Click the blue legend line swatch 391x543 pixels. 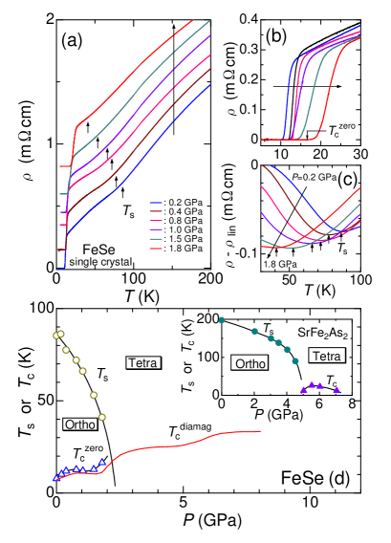[x=155, y=204]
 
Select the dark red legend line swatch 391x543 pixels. [x=155, y=212]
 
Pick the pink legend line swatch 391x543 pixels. [x=155, y=221]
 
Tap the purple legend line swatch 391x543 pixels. [x=155, y=230]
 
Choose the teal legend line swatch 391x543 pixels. [x=155, y=239]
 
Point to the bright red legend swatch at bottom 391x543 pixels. [x=155, y=249]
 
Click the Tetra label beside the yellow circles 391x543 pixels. [x=142, y=362]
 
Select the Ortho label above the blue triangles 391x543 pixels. [x=79, y=424]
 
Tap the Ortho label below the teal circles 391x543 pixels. [x=250, y=363]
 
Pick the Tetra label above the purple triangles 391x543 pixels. [x=326, y=356]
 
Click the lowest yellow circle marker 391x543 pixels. [x=101, y=417]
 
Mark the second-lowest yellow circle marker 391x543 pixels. [x=94, y=395]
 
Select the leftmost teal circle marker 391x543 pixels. [x=222, y=319]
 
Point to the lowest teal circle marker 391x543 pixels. [x=295, y=360]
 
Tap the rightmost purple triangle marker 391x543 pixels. [x=337, y=389]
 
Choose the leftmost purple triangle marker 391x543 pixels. [x=303, y=389]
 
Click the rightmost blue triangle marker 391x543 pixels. [x=102, y=463]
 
